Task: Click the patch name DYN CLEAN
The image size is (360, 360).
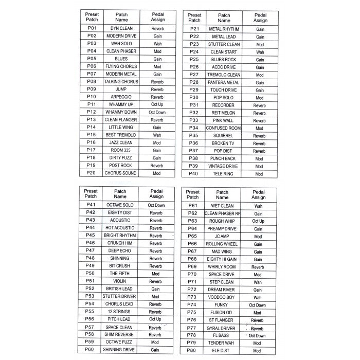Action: (121, 28)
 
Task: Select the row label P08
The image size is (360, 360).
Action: (92, 82)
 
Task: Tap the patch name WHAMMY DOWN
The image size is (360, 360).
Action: (121, 112)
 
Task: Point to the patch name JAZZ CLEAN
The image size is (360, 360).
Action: (121, 142)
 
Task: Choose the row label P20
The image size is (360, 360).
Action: (92, 173)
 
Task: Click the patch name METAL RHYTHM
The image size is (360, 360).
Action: (223, 29)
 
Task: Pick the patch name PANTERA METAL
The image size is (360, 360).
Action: (223, 82)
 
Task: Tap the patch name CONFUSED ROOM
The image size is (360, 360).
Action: (223, 128)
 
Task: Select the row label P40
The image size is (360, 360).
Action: (194, 174)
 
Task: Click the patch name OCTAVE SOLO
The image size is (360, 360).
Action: (120, 205)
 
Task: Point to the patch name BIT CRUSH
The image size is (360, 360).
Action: (120, 266)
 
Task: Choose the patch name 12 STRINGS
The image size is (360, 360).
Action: (120, 312)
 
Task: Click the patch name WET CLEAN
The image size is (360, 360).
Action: (222, 206)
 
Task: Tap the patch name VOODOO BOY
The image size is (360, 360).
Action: (222, 297)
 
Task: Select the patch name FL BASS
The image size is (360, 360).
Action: (222, 335)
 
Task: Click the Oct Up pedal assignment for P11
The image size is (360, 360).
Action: (157, 104)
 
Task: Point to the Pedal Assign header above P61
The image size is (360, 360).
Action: (258, 194)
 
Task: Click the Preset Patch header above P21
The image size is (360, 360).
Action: (194, 18)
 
